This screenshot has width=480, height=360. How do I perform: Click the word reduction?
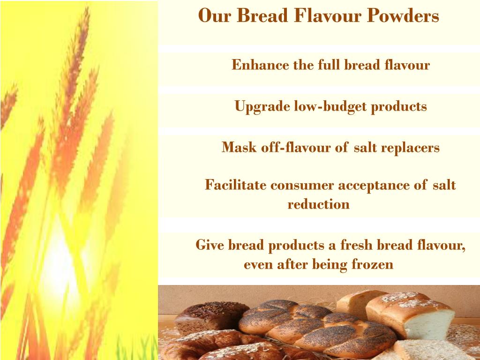pos(318,205)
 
